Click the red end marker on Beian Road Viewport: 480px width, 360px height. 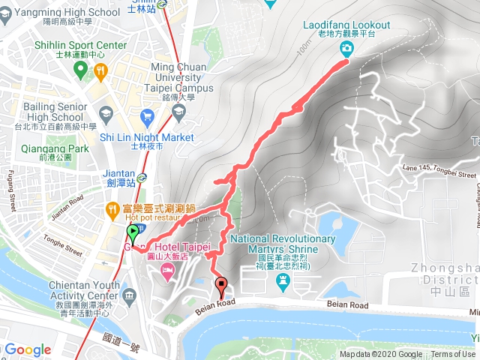(x=221, y=284)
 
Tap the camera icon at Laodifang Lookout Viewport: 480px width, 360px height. (x=346, y=49)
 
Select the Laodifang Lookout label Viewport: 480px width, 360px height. (x=346, y=25)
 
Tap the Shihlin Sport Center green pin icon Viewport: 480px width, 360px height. (x=81, y=70)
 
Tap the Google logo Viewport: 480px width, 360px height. (x=28, y=349)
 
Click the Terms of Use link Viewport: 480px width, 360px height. (x=453, y=355)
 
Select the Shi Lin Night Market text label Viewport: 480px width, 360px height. (x=146, y=137)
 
